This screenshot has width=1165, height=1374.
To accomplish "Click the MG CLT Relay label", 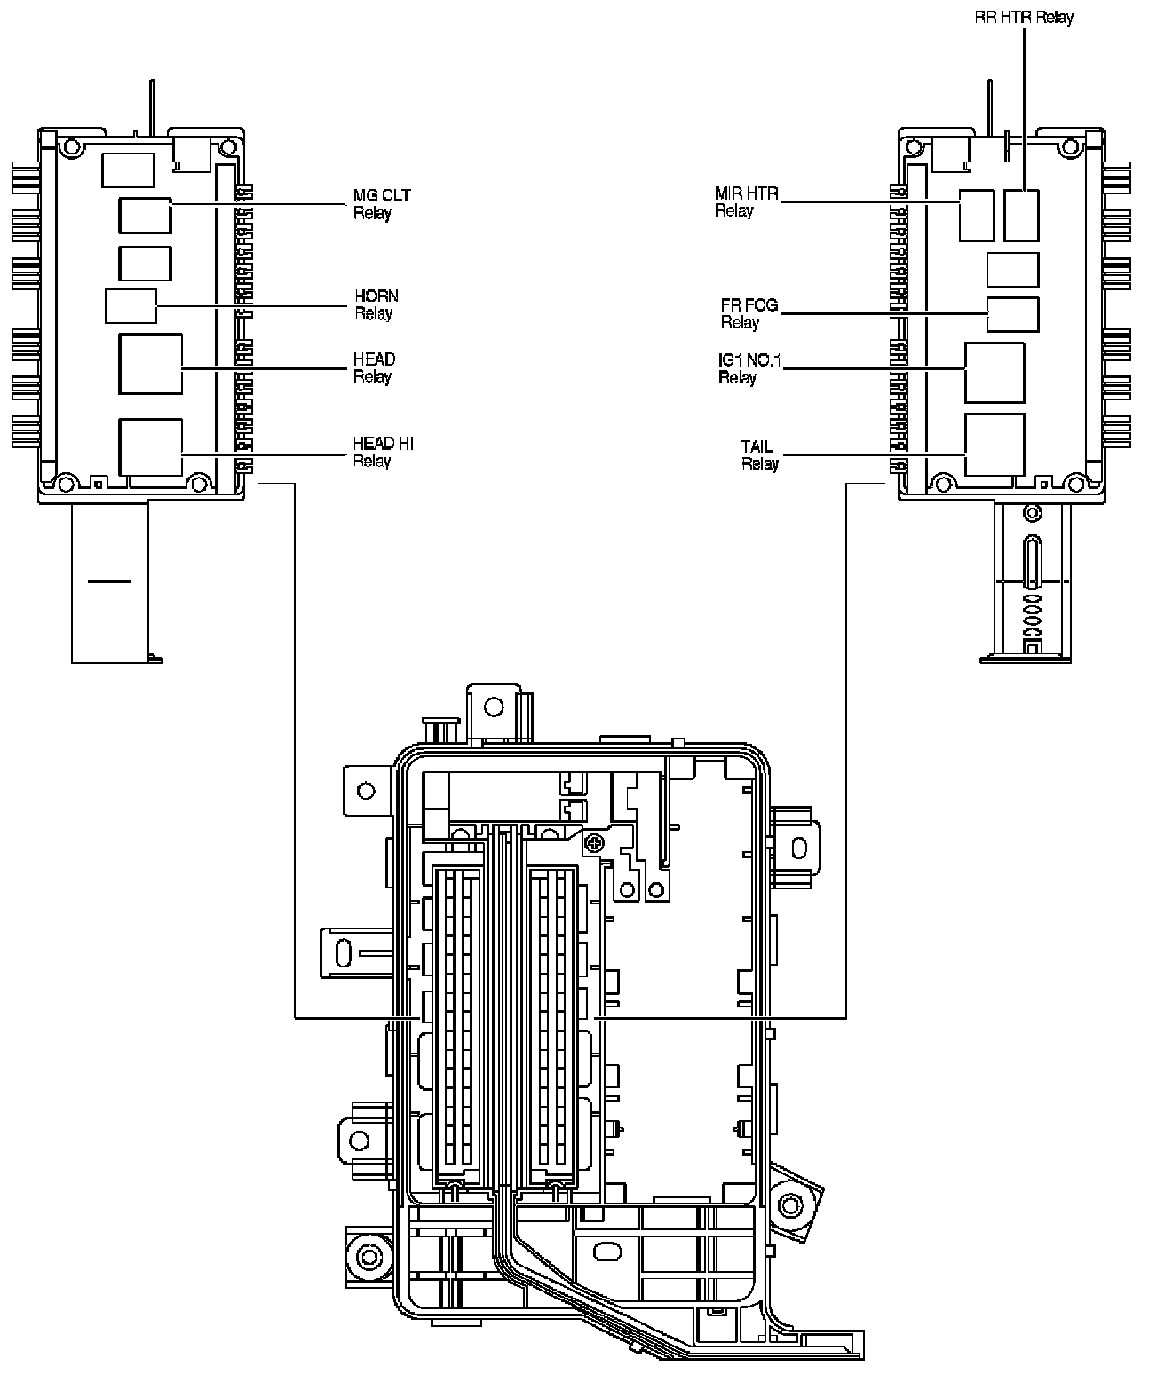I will [382, 204].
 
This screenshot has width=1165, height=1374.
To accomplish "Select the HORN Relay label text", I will [376, 304].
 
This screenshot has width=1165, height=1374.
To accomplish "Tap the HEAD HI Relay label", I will [383, 452].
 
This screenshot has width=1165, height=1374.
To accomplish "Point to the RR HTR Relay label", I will [1024, 17].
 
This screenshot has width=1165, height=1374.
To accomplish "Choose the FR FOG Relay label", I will [749, 313].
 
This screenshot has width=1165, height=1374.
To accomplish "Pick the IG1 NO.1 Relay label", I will [749, 368].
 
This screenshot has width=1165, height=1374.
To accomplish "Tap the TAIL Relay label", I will [759, 454].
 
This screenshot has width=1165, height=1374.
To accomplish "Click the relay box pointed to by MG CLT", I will [146, 216].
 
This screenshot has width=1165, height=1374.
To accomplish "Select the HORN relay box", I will [131, 306].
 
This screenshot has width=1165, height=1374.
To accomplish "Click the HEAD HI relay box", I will [151, 446].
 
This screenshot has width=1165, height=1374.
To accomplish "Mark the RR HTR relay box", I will [1021, 214].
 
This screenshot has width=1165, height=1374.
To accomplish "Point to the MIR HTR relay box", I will [976, 214].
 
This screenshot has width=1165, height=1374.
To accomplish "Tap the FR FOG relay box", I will [1012, 314].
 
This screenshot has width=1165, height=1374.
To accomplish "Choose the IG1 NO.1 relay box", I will [994, 372].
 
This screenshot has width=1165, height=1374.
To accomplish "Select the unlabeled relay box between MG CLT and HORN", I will [146, 263].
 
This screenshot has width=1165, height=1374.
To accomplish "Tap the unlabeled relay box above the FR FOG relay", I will [1012, 269].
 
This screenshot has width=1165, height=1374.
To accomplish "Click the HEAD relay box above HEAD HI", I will [151, 363].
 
